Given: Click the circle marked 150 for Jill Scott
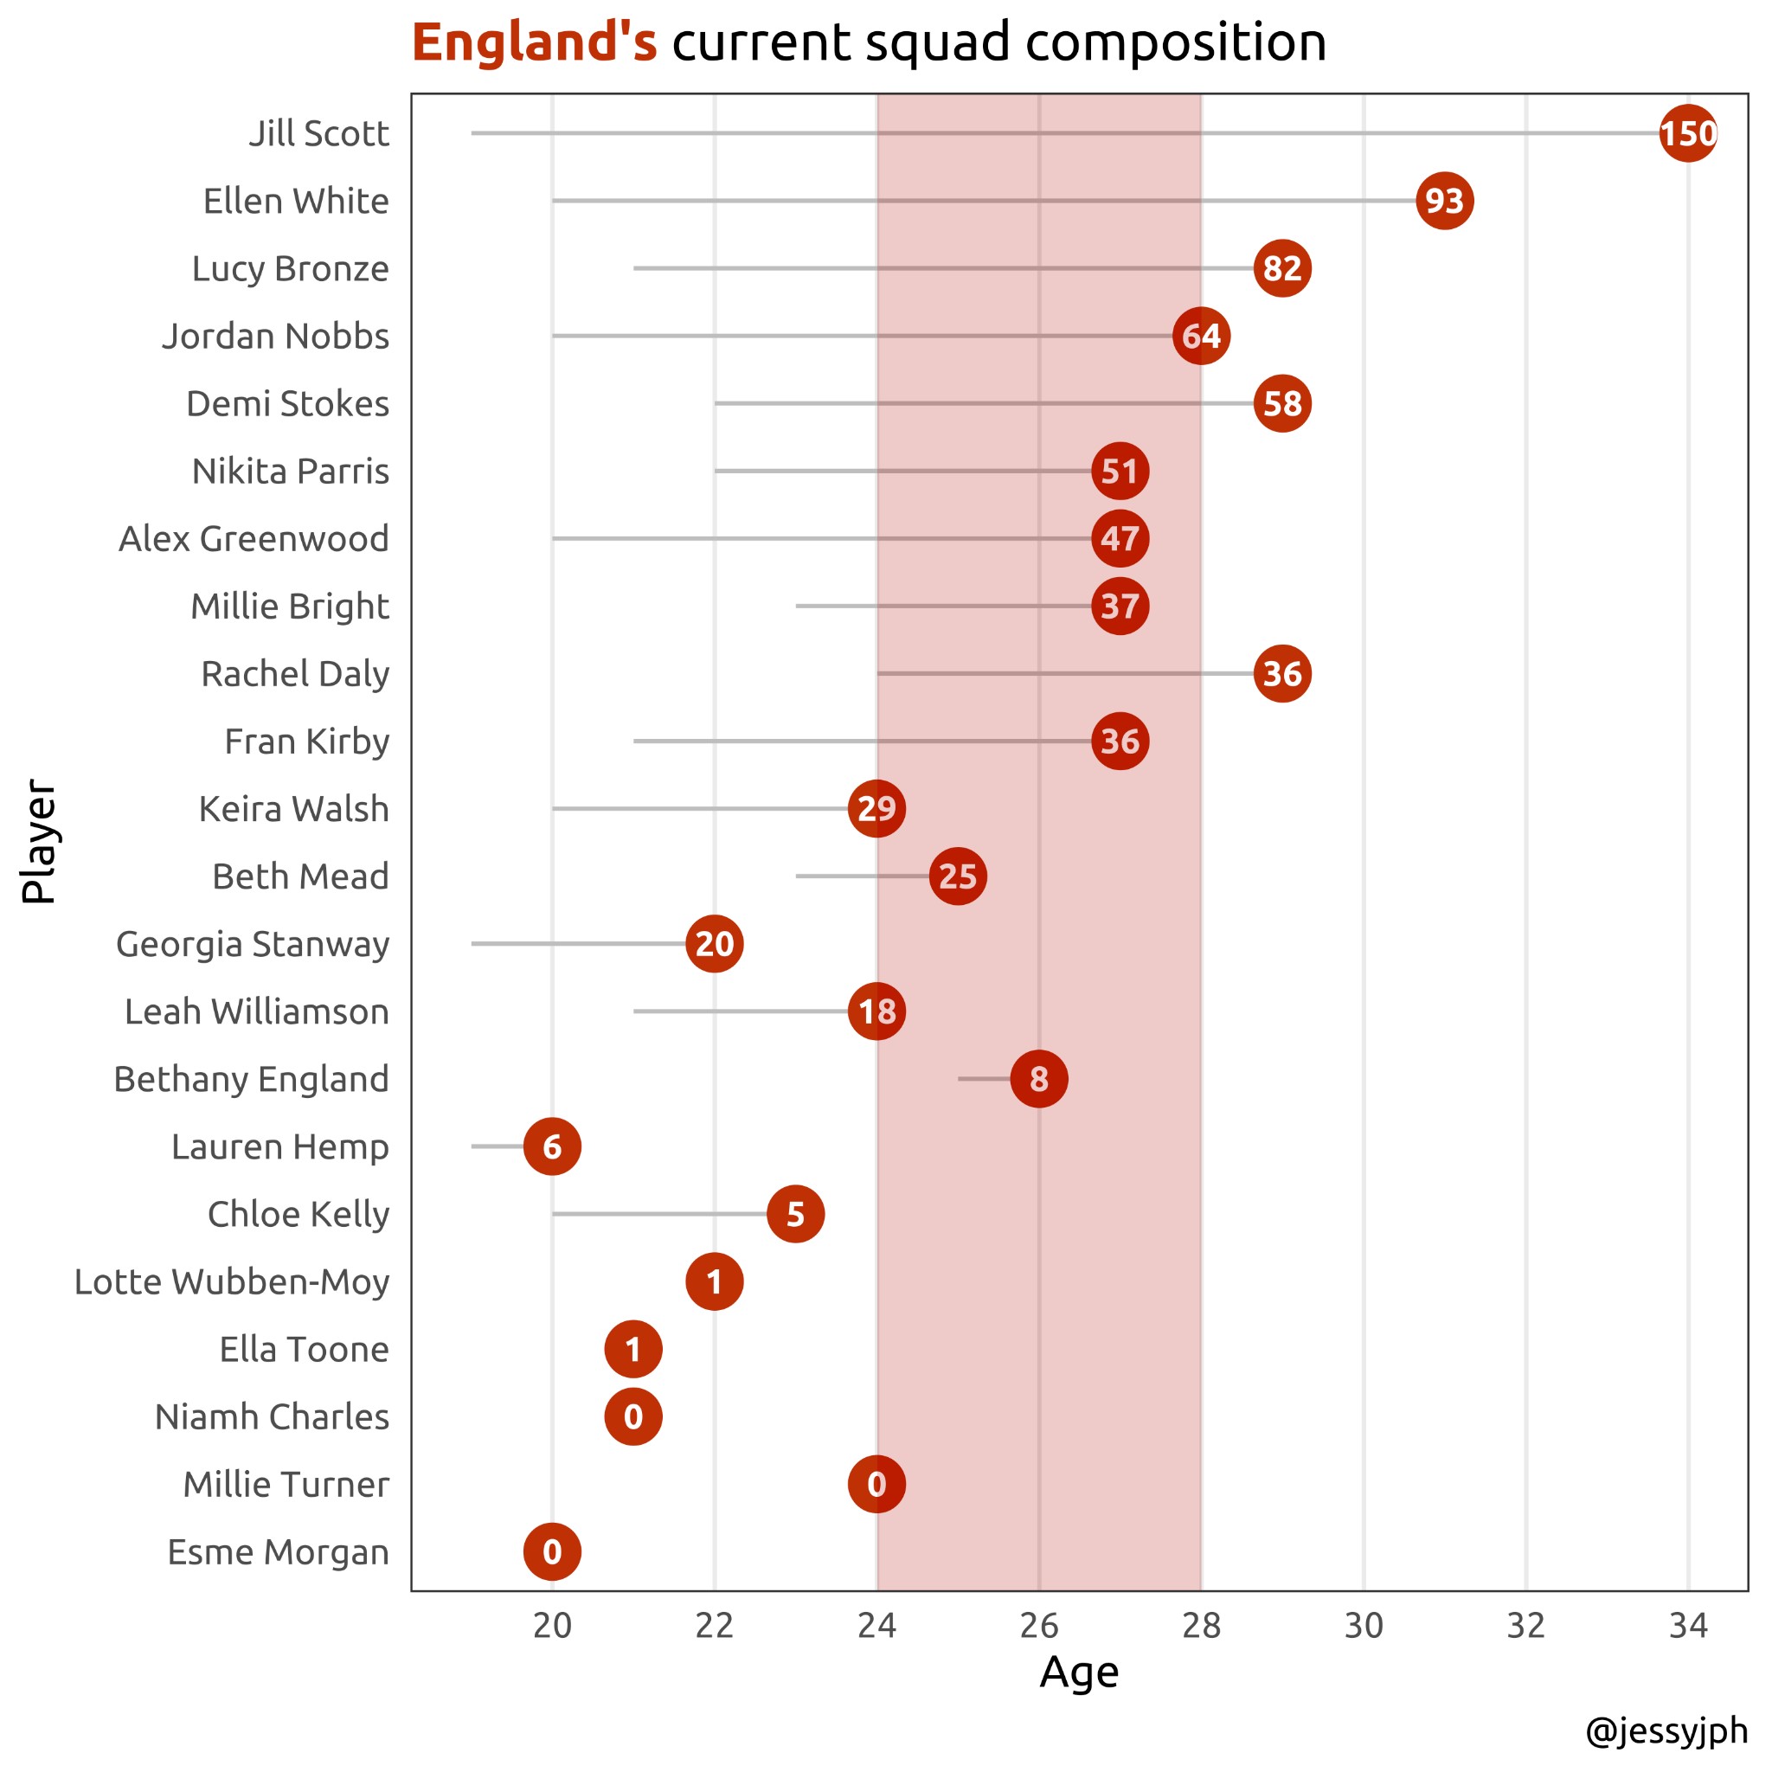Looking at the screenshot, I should click(1687, 134).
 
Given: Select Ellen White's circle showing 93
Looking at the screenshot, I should click(1445, 201).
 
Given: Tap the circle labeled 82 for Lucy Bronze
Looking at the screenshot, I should click(1282, 269).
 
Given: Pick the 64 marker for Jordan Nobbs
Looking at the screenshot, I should click(1201, 336).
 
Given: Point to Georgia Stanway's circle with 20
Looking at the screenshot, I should click(715, 944).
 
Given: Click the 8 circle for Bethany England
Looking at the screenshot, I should click(1038, 1079).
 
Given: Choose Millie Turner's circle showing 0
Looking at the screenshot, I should click(876, 1484).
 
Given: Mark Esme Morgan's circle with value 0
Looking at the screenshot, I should click(552, 1552).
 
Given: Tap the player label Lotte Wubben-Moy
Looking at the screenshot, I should click(232, 1282).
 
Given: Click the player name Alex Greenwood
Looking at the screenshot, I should click(254, 539).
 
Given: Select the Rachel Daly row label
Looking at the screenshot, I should click(295, 674).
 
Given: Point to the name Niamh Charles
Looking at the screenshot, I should click(273, 1417).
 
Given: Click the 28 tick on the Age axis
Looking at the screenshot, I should click(1201, 1626).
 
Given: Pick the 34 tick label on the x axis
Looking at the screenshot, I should click(1687, 1626).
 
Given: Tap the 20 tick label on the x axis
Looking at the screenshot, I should click(552, 1626).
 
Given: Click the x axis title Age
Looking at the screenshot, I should click(1079, 1672).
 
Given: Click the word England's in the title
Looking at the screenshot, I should click(534, 42).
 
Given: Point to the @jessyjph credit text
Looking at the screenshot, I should click(1666, 1730).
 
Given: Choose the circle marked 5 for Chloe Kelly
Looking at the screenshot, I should click(795, 1214).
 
